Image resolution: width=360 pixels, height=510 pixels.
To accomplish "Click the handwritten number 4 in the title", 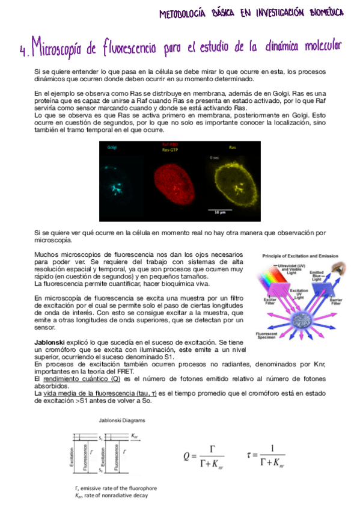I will pyautogui.click(x=23, y=51).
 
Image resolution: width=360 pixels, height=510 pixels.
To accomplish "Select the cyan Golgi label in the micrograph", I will pyautogui.click(x=112, y=147).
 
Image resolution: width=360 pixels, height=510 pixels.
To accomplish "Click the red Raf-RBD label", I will pyautogui.click(x=170, y=145).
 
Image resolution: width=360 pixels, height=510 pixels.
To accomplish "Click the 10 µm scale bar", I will pyautogui.click(x=220, y=209).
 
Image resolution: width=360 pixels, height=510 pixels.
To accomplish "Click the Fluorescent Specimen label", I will pyautogui.click(x=266, y=336).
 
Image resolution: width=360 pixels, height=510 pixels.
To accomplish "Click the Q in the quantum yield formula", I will pyautogui.click(x=188, y=456).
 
